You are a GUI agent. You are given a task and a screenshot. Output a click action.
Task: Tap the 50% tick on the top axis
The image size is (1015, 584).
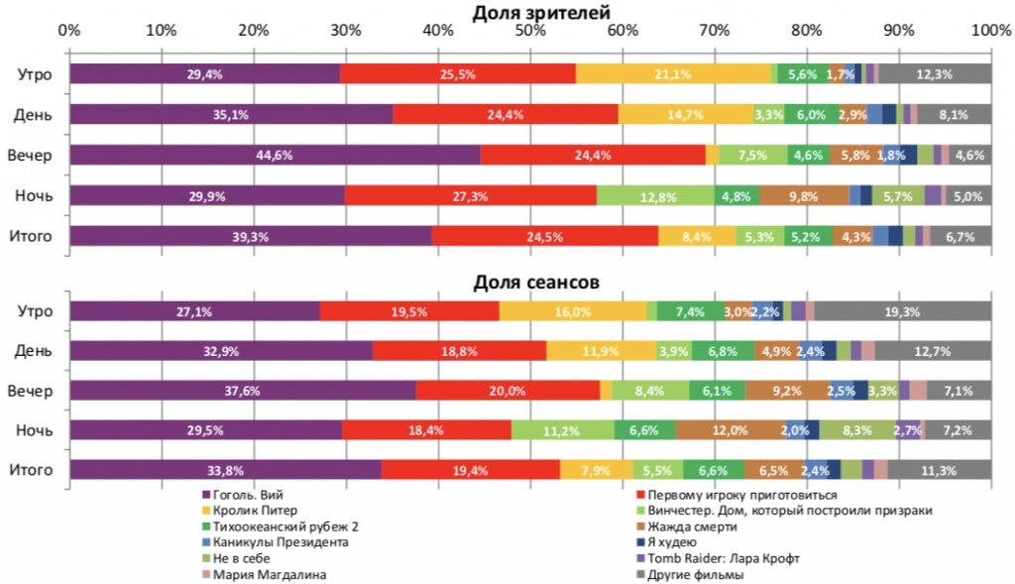tap(530, 31)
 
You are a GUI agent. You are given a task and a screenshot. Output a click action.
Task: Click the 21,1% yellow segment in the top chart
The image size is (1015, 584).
tap(673, 73)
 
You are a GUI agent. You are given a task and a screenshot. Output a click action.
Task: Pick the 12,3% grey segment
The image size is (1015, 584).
tap(935, 73)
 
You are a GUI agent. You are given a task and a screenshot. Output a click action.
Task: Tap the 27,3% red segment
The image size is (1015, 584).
tap(470, 195)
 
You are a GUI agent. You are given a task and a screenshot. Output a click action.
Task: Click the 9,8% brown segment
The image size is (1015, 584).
tap(804, 195)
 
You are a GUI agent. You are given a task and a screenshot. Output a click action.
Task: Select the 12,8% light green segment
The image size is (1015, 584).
tap(655, 195)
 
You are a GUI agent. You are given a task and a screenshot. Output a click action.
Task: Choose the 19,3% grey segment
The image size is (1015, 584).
tap(902, 311)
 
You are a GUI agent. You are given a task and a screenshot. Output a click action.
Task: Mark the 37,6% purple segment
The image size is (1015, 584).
tap(242, 391)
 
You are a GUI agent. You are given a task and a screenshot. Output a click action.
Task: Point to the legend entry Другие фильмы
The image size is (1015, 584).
tap(693, 573)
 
